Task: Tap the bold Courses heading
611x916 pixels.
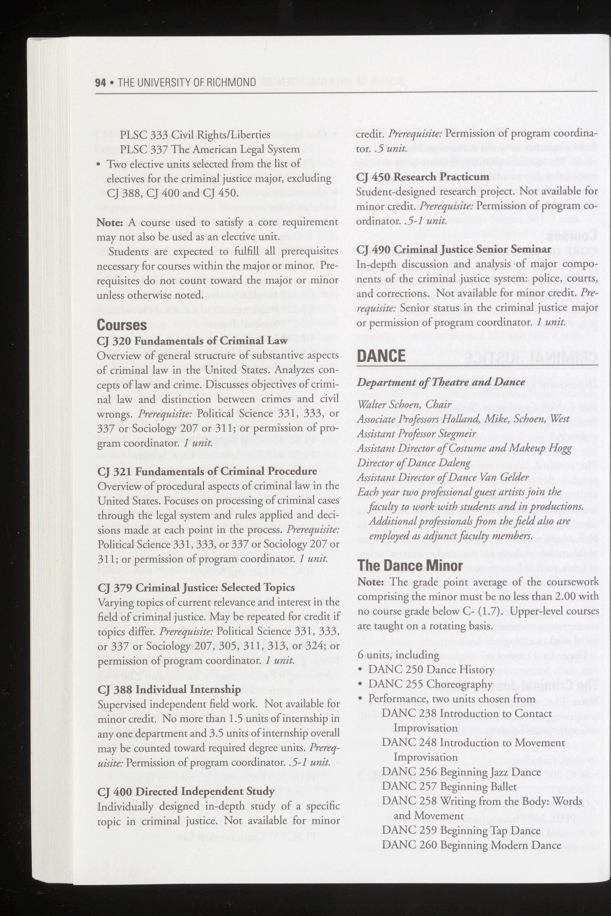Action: (122, 325)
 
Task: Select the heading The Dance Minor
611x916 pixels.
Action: (410, 565)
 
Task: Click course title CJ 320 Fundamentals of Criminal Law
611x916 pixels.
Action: (192, 341)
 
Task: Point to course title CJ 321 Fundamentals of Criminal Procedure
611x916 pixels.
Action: (207, 471)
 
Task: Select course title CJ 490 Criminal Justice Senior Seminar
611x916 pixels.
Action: (454, 249)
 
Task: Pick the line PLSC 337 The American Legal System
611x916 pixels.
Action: (210, 149)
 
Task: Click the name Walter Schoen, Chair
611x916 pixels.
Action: (404, 405)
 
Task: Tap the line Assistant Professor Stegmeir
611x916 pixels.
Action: (417, 433)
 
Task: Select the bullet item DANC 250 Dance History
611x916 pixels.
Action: (431, 669)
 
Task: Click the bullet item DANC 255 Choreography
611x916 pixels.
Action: (430, 684)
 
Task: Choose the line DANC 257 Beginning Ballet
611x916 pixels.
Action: (449, 786)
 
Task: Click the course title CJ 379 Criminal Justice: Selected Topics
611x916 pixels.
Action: (196, 587)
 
